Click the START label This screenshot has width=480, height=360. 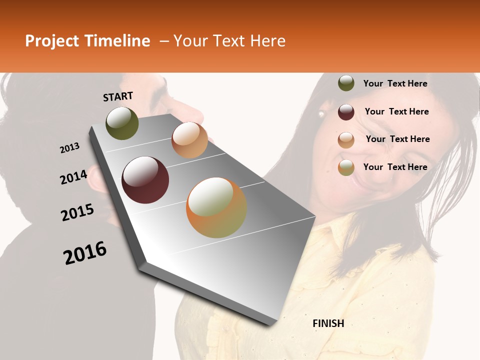pyautogui.click(x=118, y=96)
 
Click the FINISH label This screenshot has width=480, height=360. pyautogui.click(x=328, y=323)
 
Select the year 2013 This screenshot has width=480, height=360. pyautogui.click(x=69, y=148)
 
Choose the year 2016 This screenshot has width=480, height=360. pyautogui.click(x=85, y=253)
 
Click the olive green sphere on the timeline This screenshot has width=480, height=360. pyautogui.click(x=122, y=123)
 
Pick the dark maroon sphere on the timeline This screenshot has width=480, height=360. pyautogui.click(x=145, y=180)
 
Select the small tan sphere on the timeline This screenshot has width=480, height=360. pyautogui.click(x=189, y=140)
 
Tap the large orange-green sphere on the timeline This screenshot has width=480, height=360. pyautogui.click(x=216, y=207)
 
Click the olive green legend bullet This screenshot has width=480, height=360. pyautogui.click(x=346, y=83)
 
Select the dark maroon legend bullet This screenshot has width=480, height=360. pyautogui.click(x=346, y=112)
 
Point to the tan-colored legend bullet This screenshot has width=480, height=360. pyautogui.click(x=346, y=140)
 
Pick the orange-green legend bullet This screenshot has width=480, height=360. pyautogui.click(x=346, y=167)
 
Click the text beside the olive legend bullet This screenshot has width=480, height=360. pyautogui.click(x=395, y=83)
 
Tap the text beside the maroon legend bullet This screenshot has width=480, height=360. pyautogui.click(x=396, y=111)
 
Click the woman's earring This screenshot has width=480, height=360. pyautogui.click(x=321, y=114)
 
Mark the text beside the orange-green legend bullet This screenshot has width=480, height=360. pyautogui.click(x=395, y=167)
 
